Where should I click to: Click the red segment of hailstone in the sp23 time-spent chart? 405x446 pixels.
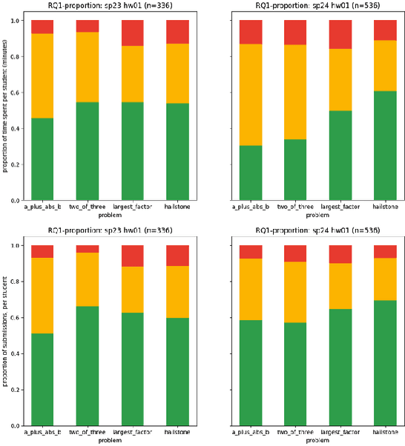point(178,32)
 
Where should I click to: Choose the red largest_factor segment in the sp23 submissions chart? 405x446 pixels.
point(133,256)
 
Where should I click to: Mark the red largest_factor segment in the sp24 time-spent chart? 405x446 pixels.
point(340,34)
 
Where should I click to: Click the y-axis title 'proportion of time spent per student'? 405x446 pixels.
point(5,110)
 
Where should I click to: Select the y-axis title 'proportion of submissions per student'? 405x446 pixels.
point(5,336)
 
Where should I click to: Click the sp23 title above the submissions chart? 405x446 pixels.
point(110,230)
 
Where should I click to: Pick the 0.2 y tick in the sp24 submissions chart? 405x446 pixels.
point(224,390)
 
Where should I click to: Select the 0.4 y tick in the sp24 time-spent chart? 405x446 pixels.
point(224,128)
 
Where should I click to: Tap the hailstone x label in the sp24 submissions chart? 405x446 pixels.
point(386,432)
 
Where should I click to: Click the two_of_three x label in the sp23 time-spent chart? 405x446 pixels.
point(88,207)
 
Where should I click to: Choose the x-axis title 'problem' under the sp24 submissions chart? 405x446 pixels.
point(317,440)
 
